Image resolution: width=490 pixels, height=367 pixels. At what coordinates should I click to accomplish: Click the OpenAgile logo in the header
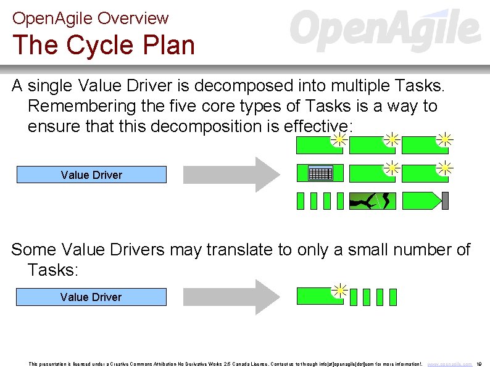pyautogui.click(x=385, y=30)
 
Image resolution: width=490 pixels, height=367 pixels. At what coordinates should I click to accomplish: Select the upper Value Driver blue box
pyautogui.click(x=91, y=175)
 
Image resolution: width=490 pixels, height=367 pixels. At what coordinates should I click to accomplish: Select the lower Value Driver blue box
pyautogui.click(x=91, y=297)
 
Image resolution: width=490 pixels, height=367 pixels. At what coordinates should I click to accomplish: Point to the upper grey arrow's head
pyautogui.click(x=267, y=175)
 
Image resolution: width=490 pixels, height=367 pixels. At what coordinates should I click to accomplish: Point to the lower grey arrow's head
pyautogui.click(x=267, y=297)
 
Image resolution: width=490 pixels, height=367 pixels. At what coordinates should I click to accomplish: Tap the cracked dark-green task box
pyautogui.click(x=372, y=201)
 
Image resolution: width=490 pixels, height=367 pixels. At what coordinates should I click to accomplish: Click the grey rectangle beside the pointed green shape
pyautogui.click(x=445, y=201)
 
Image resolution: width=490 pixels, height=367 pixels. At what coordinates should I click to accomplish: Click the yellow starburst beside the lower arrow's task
pyautogui.click(x=339, y=290)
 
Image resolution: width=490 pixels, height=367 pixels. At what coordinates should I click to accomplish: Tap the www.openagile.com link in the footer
pyautogui.click(x=450, y=364)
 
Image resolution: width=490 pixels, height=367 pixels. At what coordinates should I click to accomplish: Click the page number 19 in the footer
pyautogui.click(x=480, y=364)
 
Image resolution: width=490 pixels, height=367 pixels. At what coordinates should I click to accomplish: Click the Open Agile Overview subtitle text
pyautogui.click(x=90, y=19)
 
